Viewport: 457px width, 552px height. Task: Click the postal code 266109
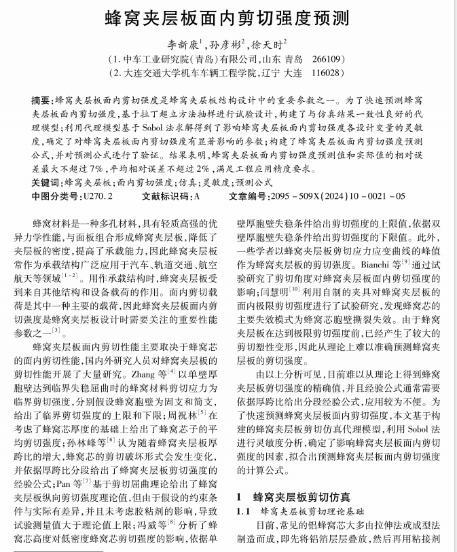tap(329, 59)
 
